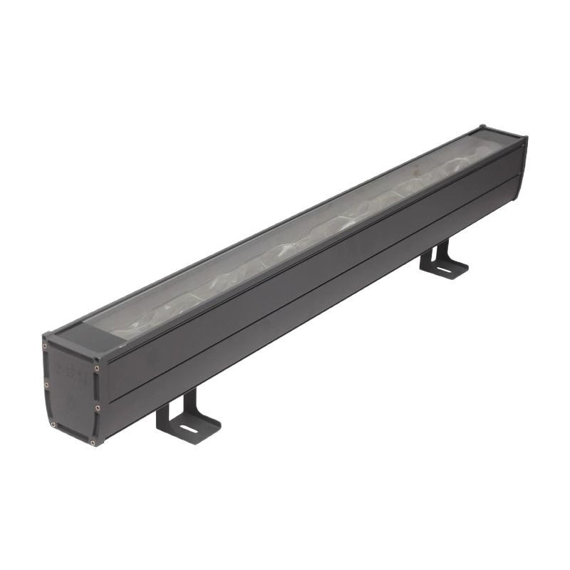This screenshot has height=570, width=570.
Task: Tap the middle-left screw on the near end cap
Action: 47,385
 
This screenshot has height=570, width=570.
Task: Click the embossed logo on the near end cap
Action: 72,378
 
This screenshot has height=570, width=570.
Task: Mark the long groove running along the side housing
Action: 313,285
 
